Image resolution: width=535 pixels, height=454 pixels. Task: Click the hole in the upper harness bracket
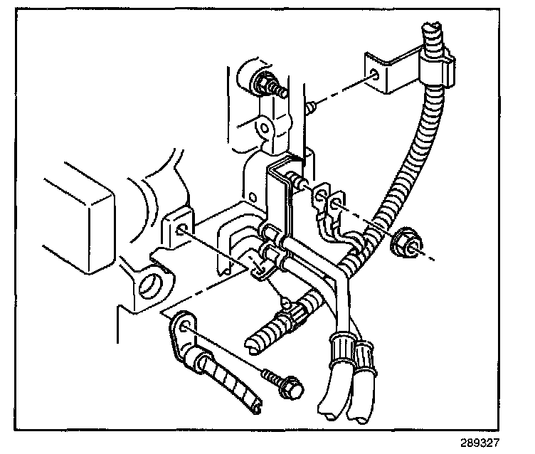[x=375, y=76]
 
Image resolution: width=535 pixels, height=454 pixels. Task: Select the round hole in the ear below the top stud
[x=265, y=130]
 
